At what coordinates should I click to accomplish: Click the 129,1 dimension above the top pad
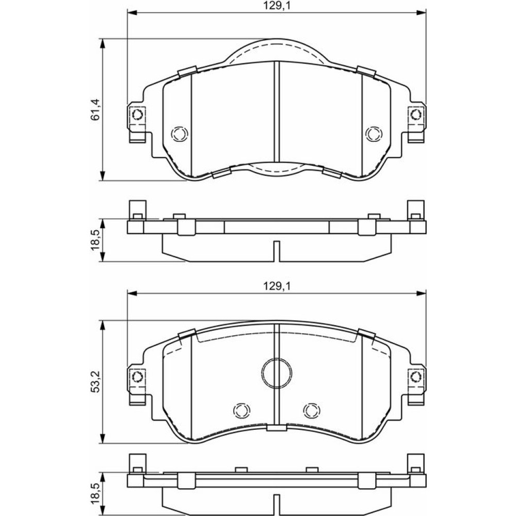(277, 6)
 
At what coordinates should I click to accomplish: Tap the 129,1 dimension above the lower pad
(277, 286)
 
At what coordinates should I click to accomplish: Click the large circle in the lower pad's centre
(277, 373)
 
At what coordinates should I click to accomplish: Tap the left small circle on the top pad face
(180, 134)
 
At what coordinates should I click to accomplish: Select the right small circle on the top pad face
(374, 134)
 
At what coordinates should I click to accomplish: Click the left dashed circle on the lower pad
(241, 410)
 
